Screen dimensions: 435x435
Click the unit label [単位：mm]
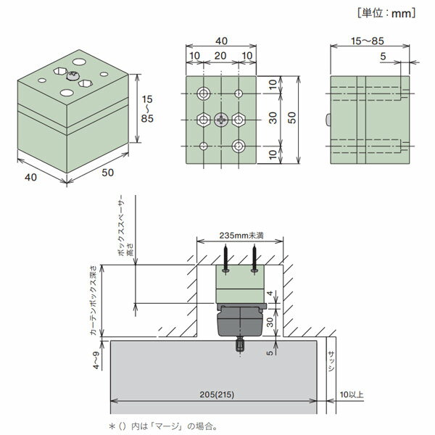pyautogui.click(x=386, y=13)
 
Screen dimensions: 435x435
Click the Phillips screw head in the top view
pyautogui.click(x=221, y=120)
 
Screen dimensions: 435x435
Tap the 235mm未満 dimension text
pyautogui.click(x=241, y=236)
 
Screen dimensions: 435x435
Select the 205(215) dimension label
pyautogui.click(x=217, y=394)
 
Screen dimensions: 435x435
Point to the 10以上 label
pyautogui.click(x=352, y=394)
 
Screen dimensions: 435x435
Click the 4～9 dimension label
pyautogui.click(x=96, y=360)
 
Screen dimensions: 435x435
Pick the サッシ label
pyautogui.click(x=331, y=360)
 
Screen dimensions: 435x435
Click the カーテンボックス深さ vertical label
pyautogui.click(x=94, y=300)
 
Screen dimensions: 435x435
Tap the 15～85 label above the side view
pyautogui.click(x=368, y=41)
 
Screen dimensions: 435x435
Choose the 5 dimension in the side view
pyautogui.click(x=383, y=57)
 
